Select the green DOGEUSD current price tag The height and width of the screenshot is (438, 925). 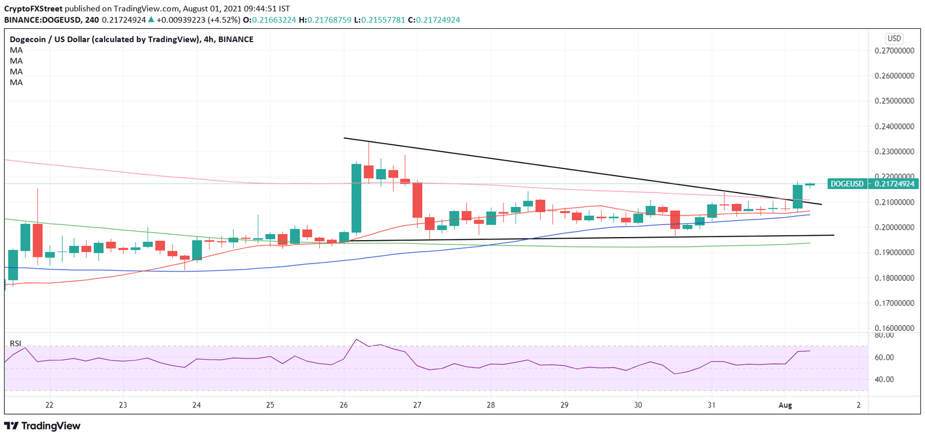tap(847, 184)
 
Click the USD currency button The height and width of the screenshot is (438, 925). tap(894, 39)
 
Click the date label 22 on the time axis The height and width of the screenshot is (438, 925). tap(49, 406)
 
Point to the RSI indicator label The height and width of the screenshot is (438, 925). tap(16, 344)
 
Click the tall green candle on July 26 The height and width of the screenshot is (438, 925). tap(357, 198)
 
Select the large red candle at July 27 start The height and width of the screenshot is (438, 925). tap(417, 200)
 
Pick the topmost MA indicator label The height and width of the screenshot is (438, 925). tap(16, 50)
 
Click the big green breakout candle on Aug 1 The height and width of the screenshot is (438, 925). tap(798, 197)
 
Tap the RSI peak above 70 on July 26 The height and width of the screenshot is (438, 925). tap(357, 339)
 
